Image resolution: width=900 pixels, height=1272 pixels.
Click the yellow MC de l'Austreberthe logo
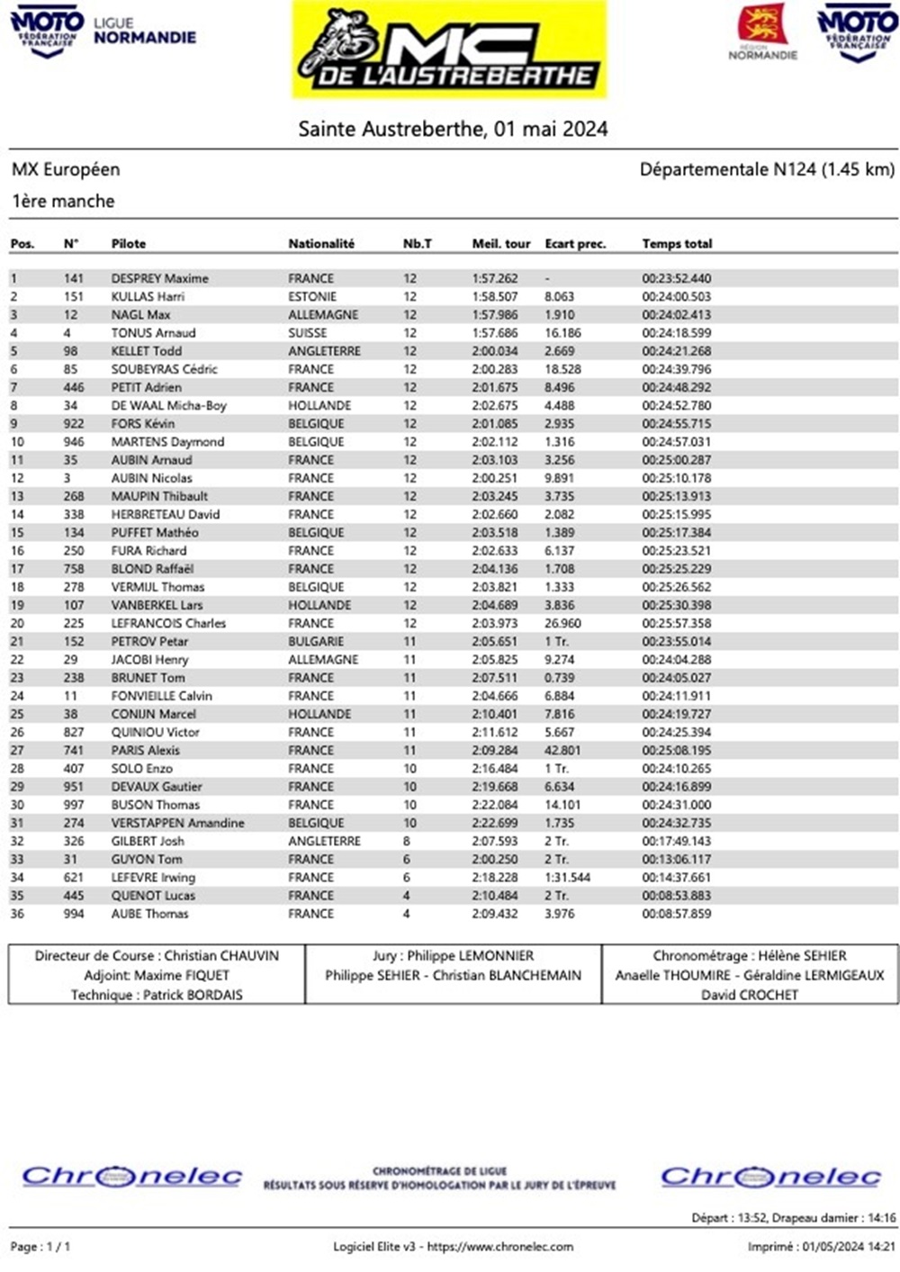pyautogui.click(x=450, y=50)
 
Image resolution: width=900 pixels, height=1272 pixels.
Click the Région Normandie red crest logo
pyautogui.click(x=763, y=26)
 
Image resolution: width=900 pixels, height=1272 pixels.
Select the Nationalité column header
pyautogui.click(x=321, y=244)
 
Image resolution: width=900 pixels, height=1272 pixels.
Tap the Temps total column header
pyautogui.click(x=677, y=244)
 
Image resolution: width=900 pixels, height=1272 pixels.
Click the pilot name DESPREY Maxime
pyautogui.click(x=159, y=279)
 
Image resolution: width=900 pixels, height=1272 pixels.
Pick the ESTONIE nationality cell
pyautogui.click(x=312, y=297)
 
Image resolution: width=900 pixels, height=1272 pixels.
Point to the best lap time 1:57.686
pyautogui.click(x=495, y=333)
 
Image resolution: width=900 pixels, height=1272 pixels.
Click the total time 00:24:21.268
pyautogui.click(x=676, y=351)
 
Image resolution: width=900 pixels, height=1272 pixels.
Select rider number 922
pyautogui.click(x=74, y=424)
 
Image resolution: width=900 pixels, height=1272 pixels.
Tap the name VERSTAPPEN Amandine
pyautogui.click(x=177, y=823)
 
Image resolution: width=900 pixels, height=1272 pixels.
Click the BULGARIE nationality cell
pyautogui.click(x=316, y=642)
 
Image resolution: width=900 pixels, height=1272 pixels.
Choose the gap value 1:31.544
pyautogui.click(x=567, y=878)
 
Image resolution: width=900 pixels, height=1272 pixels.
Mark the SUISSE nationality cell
pyautogui.click(x=308, y=333)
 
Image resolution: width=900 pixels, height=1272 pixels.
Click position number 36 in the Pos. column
pyautogui.click(x=17, y=914)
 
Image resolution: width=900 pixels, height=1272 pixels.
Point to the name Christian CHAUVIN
pyautogui.click(x=221, y=956)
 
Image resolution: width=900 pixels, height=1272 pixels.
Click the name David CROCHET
pyautogui.click(x=750, y=995)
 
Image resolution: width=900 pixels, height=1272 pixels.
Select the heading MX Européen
pyautogui.click(x=66, y=169)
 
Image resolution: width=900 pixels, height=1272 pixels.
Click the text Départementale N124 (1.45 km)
pyautogui.click(x=767, y=169)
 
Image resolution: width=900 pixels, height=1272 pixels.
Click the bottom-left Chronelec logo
pyautogui.click(x=132, y=1177)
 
